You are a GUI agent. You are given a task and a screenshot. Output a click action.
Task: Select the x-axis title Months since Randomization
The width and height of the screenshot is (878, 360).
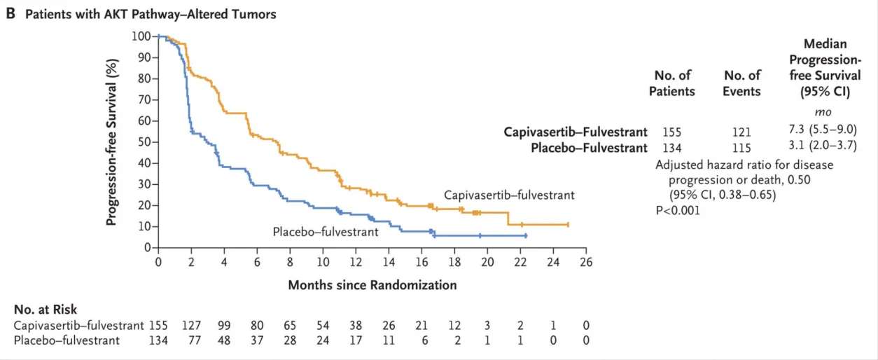pos(372,285)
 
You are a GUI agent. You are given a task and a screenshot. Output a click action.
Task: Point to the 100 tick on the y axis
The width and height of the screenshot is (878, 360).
pos(142,36)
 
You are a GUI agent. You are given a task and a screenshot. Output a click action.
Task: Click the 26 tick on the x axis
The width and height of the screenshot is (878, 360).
pos(586,262)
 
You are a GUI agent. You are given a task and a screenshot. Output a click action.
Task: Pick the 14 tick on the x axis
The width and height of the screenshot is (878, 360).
pos(389,262)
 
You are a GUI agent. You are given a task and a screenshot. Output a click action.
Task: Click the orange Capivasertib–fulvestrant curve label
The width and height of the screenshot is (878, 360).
pos(509,195)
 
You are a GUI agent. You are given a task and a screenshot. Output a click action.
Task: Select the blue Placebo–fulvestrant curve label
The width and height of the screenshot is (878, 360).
pos(326,231)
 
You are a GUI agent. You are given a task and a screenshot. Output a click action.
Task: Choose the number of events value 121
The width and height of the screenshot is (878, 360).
pos(741,132)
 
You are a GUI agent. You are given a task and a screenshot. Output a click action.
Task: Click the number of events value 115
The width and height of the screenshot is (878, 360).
pos(741,148)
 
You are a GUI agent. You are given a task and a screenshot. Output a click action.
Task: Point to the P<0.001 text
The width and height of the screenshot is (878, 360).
pos(678,209)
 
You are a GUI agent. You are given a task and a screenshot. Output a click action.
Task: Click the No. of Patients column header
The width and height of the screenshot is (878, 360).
pos(672,83)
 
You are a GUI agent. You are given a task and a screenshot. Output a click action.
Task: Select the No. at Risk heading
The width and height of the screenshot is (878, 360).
pos(45,310)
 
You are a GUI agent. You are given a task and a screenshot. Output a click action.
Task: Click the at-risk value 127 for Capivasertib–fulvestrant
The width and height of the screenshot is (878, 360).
pos(191,326)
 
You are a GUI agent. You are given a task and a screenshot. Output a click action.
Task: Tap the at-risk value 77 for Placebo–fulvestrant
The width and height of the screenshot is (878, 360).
pos(191,340)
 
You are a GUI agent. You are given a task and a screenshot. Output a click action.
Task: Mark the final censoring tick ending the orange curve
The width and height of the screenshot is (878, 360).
pos(568,225)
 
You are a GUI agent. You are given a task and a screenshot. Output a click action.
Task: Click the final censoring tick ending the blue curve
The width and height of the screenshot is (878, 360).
pos(525,236)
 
